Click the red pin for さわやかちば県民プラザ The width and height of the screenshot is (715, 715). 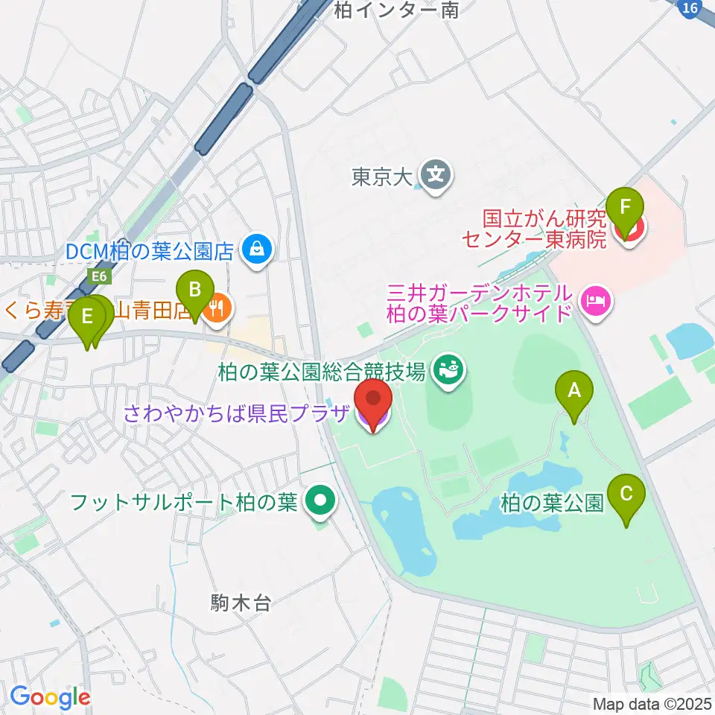click(372, 403)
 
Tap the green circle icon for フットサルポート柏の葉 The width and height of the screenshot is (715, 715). click(321, 501)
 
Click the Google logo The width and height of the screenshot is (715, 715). click(50, 697)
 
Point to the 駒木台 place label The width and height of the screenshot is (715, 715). click(241, 603)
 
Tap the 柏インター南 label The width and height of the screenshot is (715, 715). click(395, 9)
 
